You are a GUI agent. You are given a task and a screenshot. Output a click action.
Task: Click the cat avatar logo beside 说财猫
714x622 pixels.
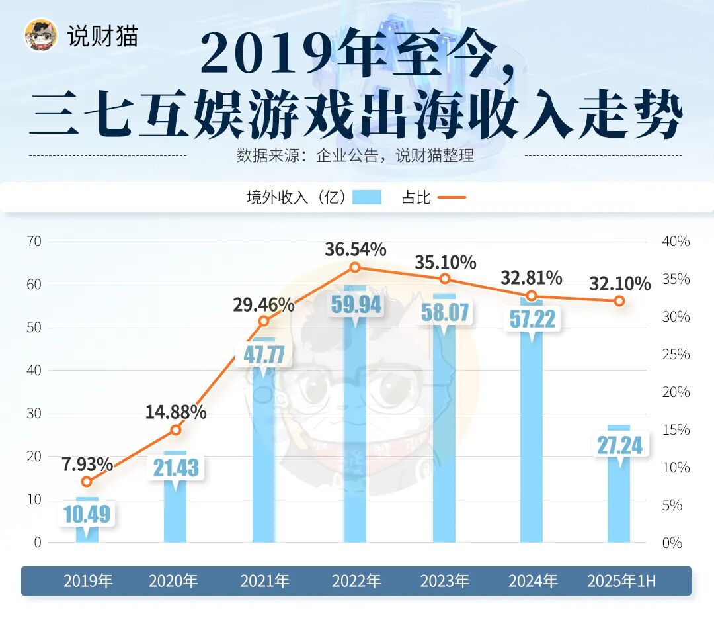coord(40,34)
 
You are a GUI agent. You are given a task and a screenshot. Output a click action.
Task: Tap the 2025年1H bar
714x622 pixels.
coord(619,503)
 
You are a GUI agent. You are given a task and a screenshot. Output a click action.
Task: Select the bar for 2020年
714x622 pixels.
coord(175,516)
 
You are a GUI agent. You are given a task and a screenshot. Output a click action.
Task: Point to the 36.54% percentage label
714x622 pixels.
coord(356,249)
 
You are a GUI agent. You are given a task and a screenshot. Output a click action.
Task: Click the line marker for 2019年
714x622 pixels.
coord(87,482)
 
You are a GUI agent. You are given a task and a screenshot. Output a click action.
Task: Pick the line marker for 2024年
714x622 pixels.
coord(532,296)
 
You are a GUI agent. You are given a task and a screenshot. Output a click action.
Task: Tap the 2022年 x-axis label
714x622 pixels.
coord(356,582)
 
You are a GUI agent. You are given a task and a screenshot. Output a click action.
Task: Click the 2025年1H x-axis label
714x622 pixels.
coord(621,582)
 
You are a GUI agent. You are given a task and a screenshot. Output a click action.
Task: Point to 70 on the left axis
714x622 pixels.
coord(34,242)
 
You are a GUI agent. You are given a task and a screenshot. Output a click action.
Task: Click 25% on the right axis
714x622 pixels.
coord(676,355)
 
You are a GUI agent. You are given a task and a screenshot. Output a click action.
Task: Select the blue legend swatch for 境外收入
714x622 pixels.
coord(367,197)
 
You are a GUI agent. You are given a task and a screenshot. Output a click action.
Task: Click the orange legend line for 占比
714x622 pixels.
coord(452,197)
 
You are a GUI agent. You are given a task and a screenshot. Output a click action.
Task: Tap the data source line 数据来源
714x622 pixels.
coord(356,156)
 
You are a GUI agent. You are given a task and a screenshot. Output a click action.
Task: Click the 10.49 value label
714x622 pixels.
coord(87,513)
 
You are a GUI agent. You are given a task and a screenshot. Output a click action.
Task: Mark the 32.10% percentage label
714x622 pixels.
coord(619,284)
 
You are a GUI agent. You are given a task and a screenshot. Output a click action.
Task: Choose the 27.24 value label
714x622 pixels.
coord(619,445)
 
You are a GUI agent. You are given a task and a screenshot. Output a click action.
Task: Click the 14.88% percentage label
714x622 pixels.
coord(176,412)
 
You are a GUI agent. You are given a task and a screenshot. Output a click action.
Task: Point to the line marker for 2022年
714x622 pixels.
coord(355,267)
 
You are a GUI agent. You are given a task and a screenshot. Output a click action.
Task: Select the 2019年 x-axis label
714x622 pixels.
coord(88,582)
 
